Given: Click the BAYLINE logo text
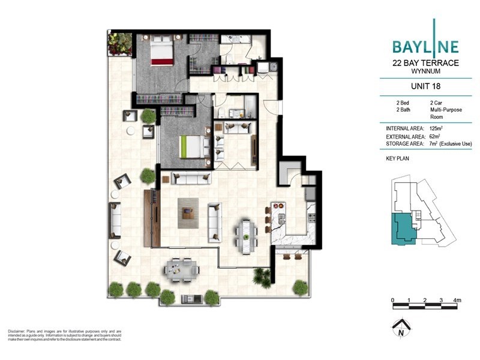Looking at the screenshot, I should tap(425, 46).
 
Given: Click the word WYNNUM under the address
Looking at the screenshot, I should tap(425, 71).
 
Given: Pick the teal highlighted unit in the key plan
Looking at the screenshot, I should tap(403, 229).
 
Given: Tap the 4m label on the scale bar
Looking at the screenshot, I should tap(457, 299).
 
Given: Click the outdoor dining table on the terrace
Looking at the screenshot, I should tap(182, 268).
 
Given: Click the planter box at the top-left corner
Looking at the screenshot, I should tap(119, 43).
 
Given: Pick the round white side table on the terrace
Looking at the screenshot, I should tap(130, 130).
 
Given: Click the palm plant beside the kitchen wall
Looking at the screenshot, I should tap(262, 276).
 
